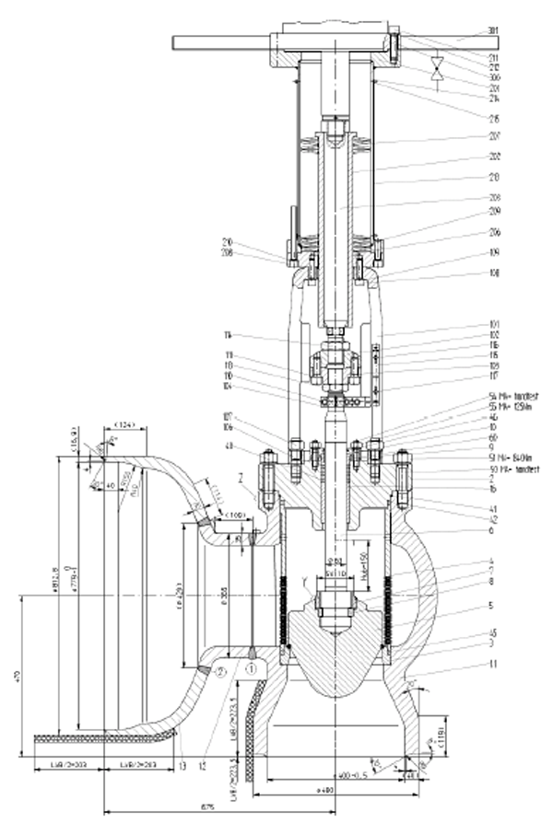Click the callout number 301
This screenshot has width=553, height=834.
pyautogui.click(x=494, y=30)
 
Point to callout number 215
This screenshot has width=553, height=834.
pyautogui.click(x=494, y=118)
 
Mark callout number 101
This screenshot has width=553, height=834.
pyautogui.click(x=494, y=323)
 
